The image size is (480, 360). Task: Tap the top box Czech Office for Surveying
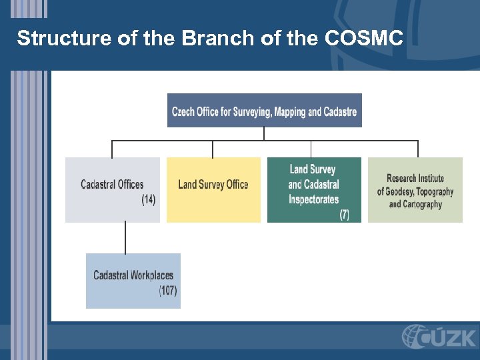click(x=264, y=111)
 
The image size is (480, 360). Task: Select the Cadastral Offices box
click(x=112, y=189)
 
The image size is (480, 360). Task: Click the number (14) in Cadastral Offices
click(x=148, y=199)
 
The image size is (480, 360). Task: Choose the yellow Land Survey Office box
click(x=213, y=189)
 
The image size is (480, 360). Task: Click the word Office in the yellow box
click(x=237, y=185)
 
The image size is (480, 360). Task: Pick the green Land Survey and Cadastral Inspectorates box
click(x=314, y=189)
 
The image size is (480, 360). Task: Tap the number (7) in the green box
click(x=344, y=214)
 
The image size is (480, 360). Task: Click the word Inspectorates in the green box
click(x=313, y=199)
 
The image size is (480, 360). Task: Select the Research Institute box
click(x=415, y=189)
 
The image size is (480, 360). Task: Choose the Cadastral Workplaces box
click(x=133, y=280)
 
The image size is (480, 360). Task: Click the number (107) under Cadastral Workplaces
click(x=168, y=291)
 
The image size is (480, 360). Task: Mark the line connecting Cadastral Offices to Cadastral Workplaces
click(x=125, y=238)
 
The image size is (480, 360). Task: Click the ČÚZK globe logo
click(x=414, y=336)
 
